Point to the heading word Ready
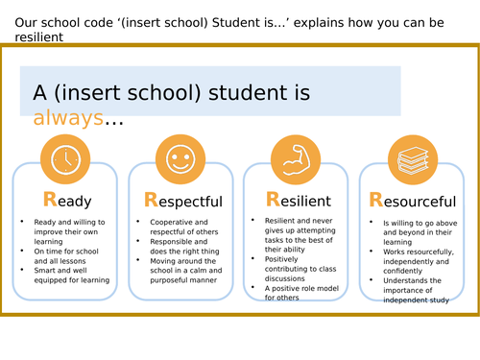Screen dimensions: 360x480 click(66, 201)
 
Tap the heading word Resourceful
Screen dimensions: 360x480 click(413, 202)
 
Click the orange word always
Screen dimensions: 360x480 click(66, 118)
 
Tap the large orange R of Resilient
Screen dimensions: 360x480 click(274, 201)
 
